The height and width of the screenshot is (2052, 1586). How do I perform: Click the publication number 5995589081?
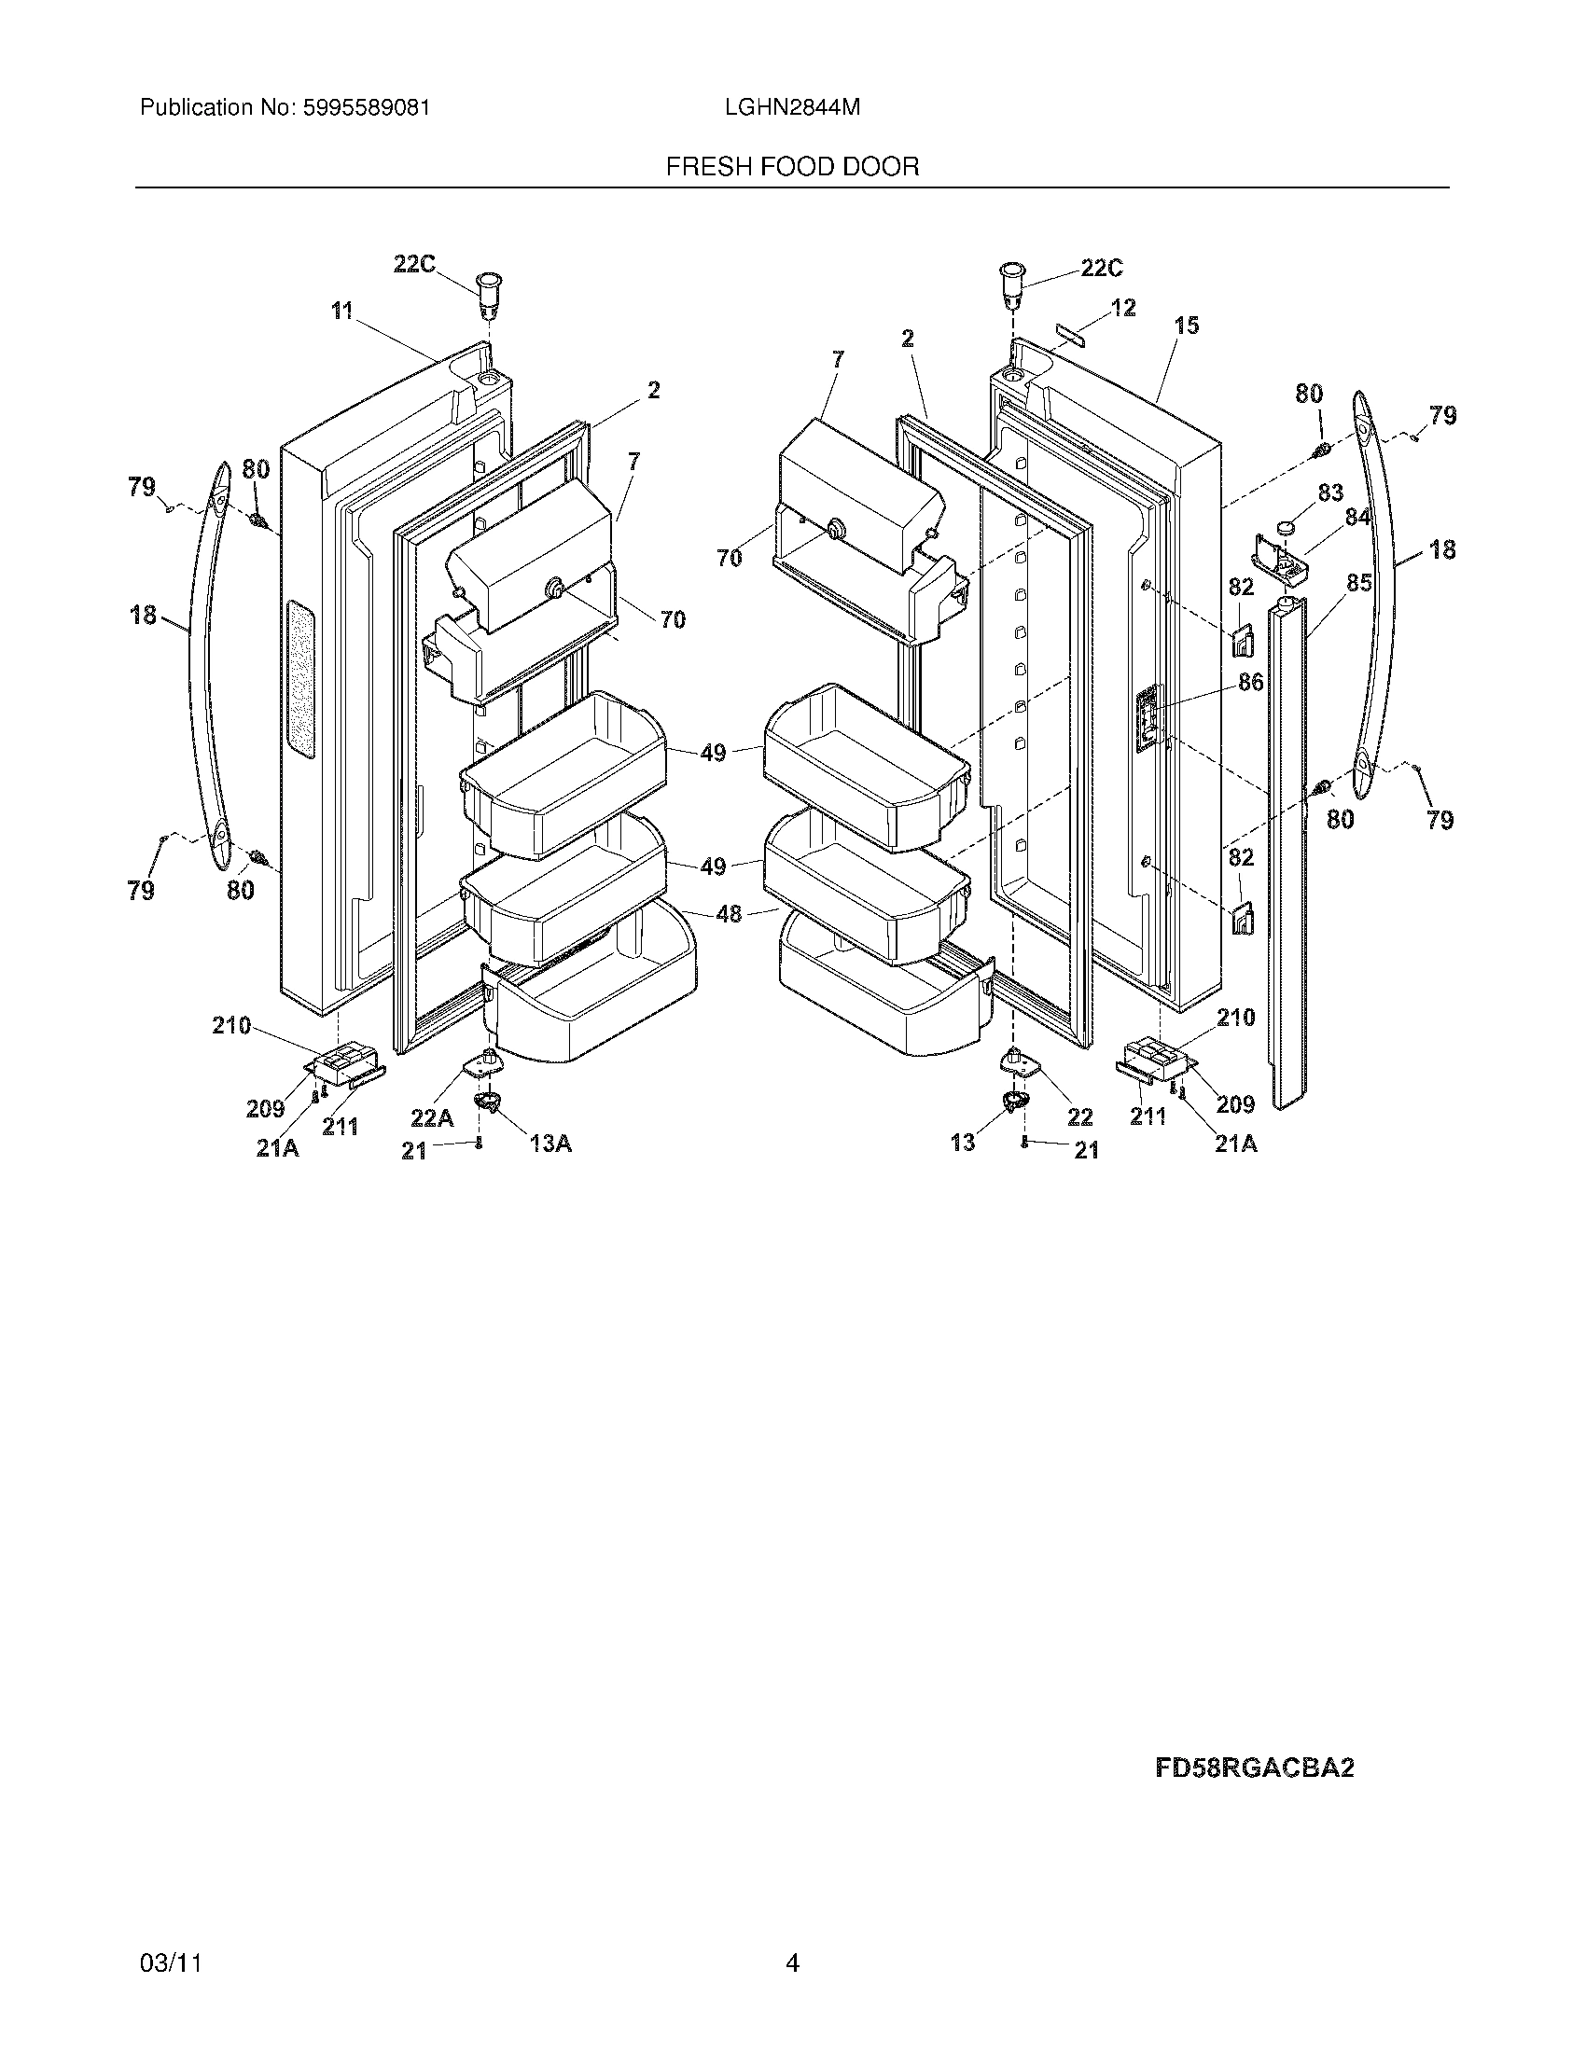click(x=365, y=108)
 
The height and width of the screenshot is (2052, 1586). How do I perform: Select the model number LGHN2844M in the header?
click(x=792, y=108)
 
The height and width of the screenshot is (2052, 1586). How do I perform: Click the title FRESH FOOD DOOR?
click(x=792, y=167)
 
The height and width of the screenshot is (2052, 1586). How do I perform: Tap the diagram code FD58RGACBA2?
click(x=1254, y=1768)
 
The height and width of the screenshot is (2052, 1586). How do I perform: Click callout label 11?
click(x=342, y=310)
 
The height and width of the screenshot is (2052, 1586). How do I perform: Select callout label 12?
click(x=1122, y=307)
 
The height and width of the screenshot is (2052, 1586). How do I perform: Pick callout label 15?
click(x=1187, y=326)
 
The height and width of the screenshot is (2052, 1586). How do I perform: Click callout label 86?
click(x=1250, y=682)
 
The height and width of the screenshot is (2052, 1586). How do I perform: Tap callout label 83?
click(x=1330, y=492)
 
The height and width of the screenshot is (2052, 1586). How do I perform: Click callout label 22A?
click(x=432, y=1117)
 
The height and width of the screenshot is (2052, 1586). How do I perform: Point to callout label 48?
click(x=730, y=912)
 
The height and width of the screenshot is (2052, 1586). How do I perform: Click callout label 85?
click(x=1358, y=583)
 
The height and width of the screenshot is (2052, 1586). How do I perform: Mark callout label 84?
click(x=1356, y=517)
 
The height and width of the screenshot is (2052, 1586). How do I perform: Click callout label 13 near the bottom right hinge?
click(x=963, y=1143)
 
